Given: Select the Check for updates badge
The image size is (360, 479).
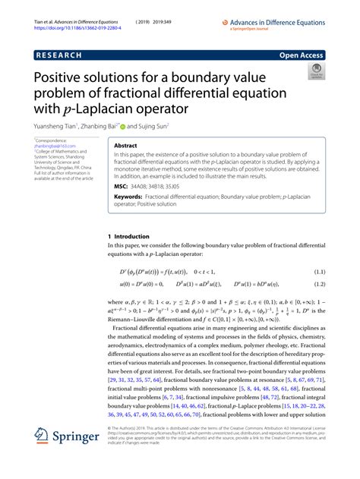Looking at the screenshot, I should [x=313, y=72].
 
